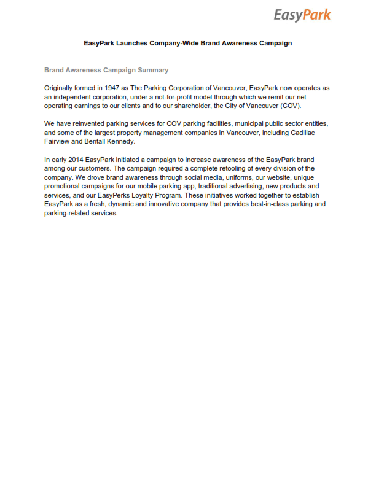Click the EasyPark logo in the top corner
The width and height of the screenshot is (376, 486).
point(302,15)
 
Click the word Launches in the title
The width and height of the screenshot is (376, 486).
point(130,44)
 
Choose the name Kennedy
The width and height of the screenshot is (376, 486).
point(119,141)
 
